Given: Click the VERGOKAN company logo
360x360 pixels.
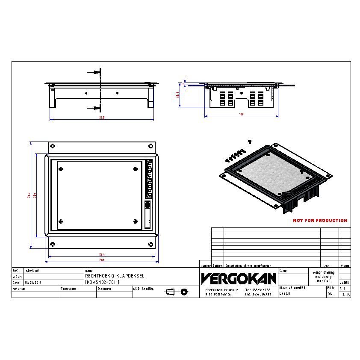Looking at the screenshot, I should [239, 279].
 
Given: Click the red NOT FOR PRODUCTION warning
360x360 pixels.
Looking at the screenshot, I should [320, 221].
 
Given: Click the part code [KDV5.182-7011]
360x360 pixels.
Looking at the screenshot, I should [102, 282].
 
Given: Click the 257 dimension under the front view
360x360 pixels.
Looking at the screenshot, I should [102, 118].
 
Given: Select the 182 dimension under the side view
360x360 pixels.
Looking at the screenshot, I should [241, 114].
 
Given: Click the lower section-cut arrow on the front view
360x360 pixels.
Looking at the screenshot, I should [93, 107].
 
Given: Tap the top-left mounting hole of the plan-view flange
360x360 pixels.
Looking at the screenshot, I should [52, 146].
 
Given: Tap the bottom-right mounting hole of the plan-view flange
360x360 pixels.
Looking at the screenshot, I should [150, 244].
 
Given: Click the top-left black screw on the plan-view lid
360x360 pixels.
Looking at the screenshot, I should [61, 168].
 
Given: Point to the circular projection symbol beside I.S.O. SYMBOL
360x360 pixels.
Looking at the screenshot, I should [184, 292].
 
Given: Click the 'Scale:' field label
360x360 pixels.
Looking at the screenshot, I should [283, 271].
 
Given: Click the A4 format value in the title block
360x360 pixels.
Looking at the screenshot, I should [330, 294].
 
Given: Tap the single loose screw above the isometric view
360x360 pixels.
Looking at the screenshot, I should [249, 141].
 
